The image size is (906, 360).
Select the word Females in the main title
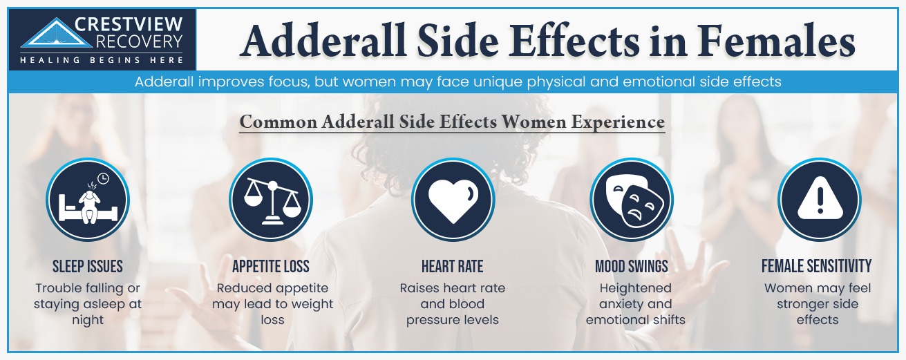(776, 41)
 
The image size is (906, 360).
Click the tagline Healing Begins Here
(100, 60)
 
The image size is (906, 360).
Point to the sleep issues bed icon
(88, 200)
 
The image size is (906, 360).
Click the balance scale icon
(270, 200)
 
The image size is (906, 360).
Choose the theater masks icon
(631, 200)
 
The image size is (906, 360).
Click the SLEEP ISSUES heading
(88, 267)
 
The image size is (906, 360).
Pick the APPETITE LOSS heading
(271, 267)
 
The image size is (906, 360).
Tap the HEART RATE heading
(452, 267)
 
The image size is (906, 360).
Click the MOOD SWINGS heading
(632, 267)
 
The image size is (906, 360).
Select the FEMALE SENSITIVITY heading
(817, 267)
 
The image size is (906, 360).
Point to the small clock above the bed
(103, 179)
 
